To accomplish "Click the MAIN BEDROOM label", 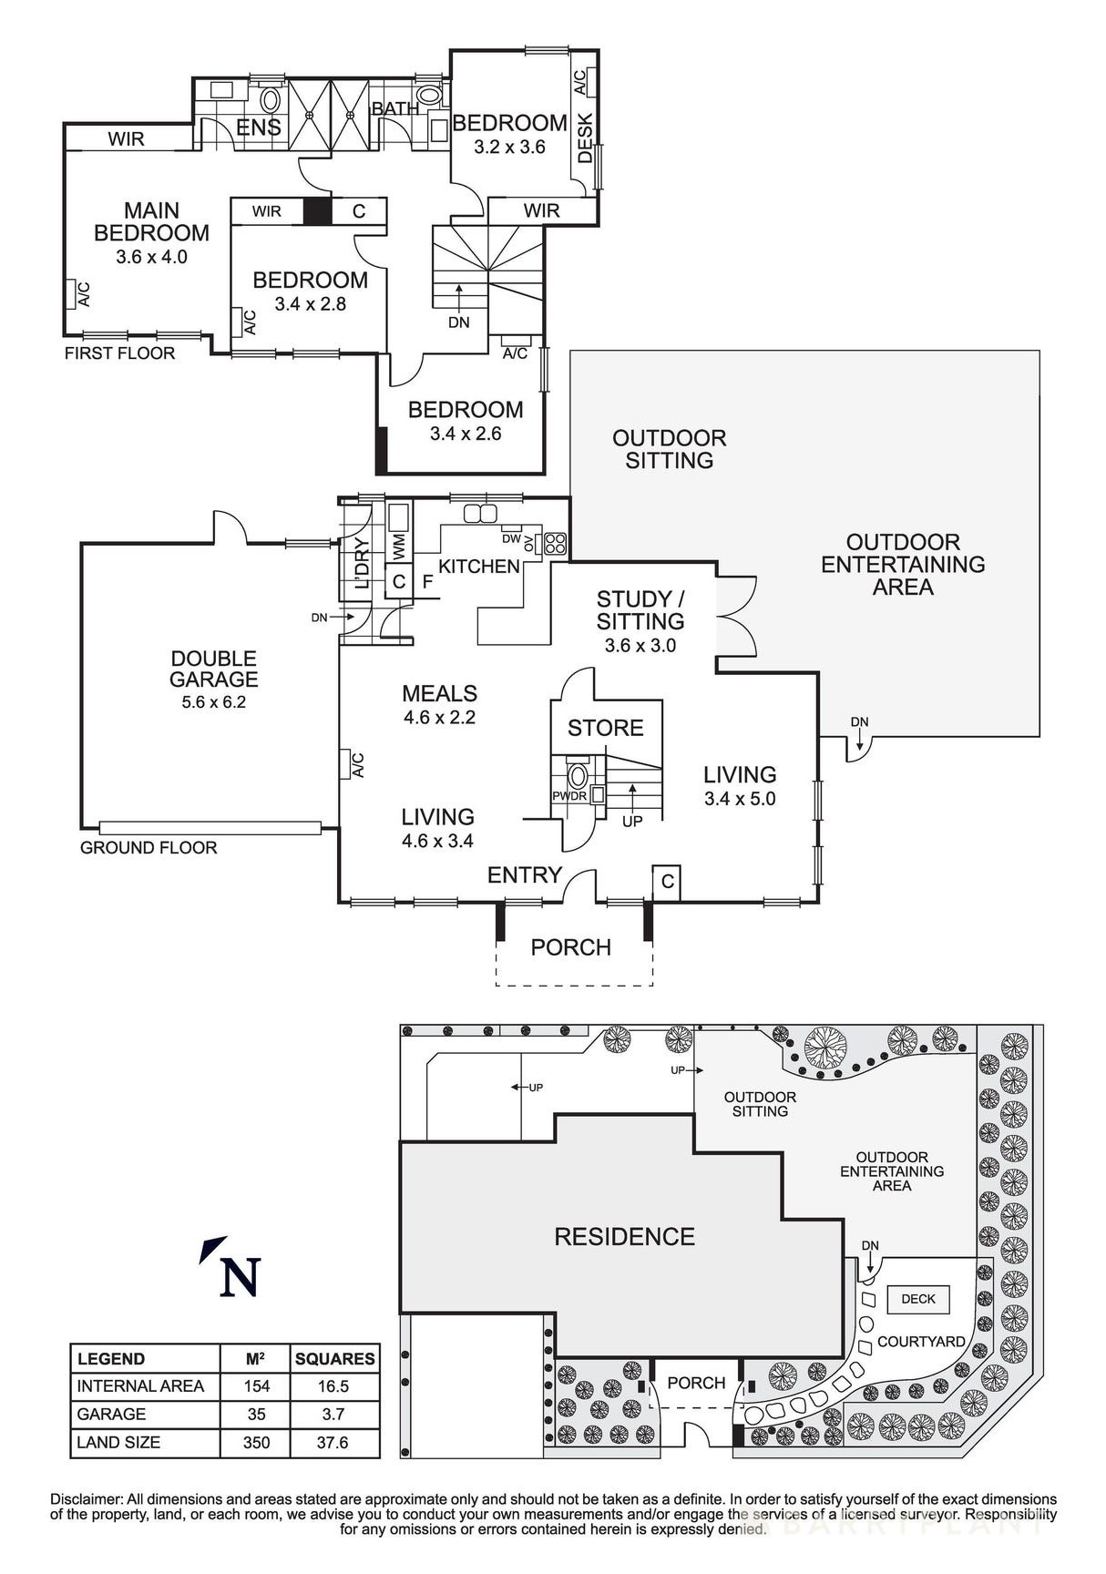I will click(151, 222).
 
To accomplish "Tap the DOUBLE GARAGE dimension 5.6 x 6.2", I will click(213, 702).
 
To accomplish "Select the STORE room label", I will click(605, 728).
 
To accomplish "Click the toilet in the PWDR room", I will click(578, 777).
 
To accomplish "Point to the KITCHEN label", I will click(478, 567).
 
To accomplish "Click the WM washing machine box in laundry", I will click(398, 547).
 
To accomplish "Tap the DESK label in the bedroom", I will click(585, 138).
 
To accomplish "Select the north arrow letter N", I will click(240, 1277).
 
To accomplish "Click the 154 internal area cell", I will click(256, 1386).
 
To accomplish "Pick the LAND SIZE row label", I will click(118, 1443).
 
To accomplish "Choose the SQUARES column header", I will click(334, 1359).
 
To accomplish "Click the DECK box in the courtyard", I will click(917, 1299).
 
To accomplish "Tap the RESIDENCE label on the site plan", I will click(624, 1237).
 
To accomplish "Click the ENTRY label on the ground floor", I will click(524, 875).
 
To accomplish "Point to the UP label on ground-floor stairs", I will click(632, 822).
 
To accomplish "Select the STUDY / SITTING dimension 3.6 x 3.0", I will click(640, 646).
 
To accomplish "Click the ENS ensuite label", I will click(259, 128).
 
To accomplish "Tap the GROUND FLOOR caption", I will click(148, 848).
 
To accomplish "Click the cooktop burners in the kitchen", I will click(555, 544).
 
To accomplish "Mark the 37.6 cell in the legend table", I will click(333, 1443).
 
